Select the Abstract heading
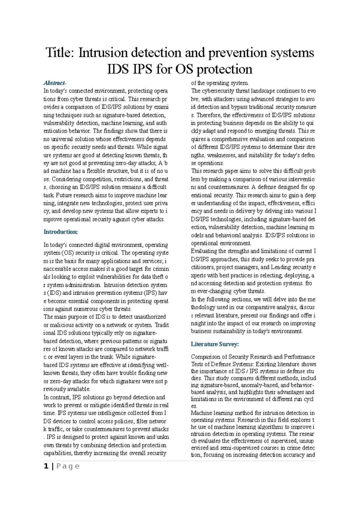[55, 83]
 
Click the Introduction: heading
[61, 232]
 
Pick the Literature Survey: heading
[215, 344]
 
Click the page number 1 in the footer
[46, 466]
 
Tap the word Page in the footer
[68, 466]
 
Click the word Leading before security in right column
[280, 267]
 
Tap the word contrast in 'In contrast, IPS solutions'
[60, 397]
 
